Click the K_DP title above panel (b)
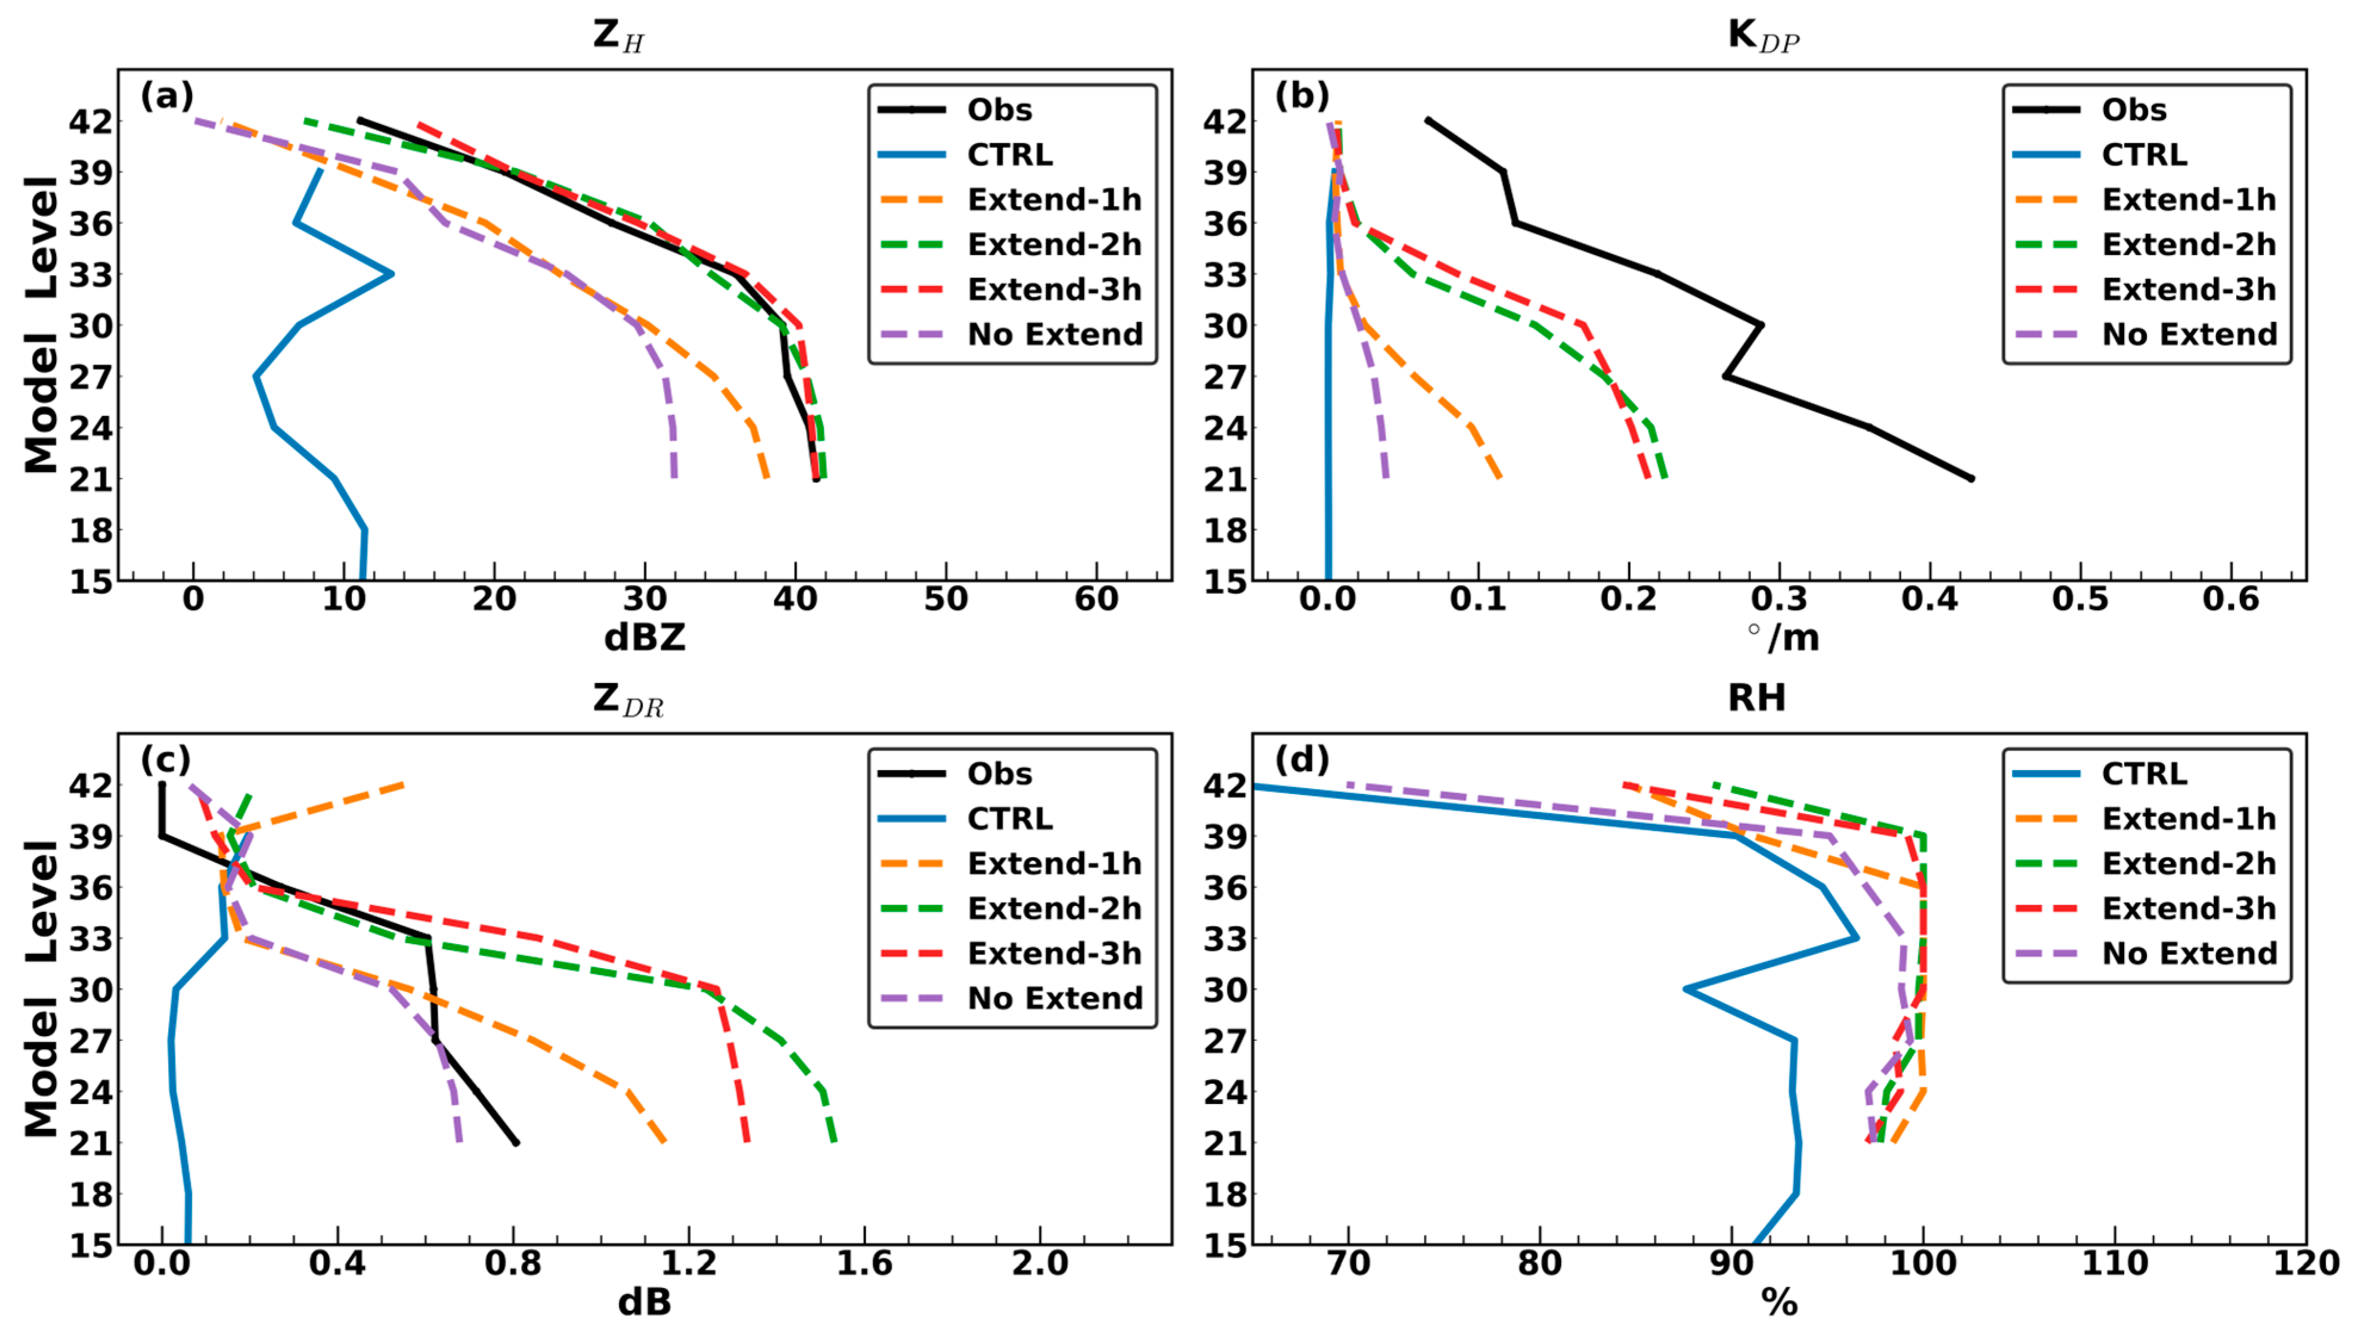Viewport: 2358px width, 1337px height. pos(1762,35)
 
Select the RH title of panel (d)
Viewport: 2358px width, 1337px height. pos(1756,699)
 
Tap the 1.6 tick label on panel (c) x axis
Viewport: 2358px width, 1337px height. pos(863,1264)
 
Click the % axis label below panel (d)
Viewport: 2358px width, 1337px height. pos(1778,1302)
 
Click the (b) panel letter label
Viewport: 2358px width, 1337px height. pos(1301,95)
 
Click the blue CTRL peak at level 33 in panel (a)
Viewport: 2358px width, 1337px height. pos(392,274)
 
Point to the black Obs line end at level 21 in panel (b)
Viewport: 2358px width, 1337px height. pos(1970,479)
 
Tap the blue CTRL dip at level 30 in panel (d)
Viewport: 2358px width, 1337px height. pos(1686,989)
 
